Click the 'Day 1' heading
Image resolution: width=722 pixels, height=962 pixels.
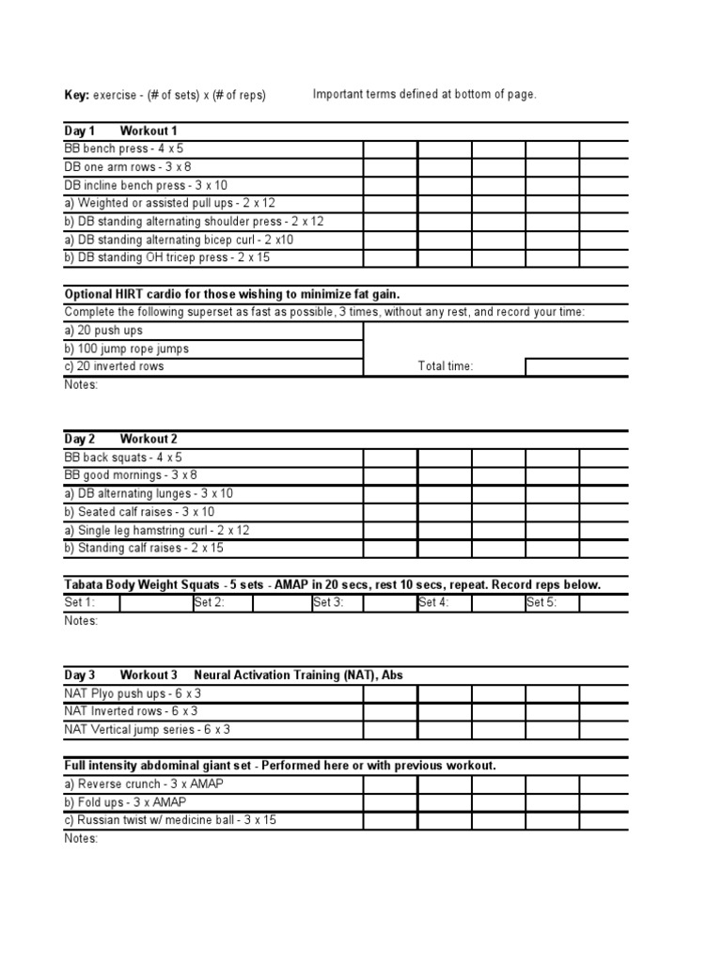click(x=80, y=131)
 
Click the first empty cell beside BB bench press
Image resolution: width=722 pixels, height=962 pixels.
click(x=390, y=148)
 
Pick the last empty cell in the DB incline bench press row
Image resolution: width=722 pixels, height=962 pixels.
click(x=604, y=185)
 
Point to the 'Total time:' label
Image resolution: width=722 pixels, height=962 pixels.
click(x=446, y=366)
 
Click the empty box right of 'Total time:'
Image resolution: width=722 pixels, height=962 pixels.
click(x=576, y=366)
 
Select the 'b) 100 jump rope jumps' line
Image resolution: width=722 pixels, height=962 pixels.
click(x=126, y=349)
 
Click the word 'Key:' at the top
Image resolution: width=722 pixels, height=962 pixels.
click(x=77, y=96)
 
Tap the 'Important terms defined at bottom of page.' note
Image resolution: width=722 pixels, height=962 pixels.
click(x=425, y=95)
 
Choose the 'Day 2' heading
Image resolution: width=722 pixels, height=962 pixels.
click(x=80, y=439)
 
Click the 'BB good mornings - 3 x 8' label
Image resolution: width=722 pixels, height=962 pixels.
click(x=131, y=475)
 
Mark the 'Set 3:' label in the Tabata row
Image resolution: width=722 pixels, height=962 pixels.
click(x=328, y=603)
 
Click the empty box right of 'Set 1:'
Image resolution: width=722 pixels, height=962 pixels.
click(x=155, y=603)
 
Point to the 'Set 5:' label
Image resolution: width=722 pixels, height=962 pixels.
click(x=541, y=603)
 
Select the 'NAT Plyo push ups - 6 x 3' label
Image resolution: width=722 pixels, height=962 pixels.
click(x=133, y=693)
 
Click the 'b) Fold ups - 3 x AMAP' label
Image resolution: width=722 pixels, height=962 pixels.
click(x=125, y=802)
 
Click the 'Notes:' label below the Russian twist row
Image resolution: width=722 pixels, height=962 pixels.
click(x=81, y=838)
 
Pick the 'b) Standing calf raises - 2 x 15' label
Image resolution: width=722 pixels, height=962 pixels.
click(x=144, y=548)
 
